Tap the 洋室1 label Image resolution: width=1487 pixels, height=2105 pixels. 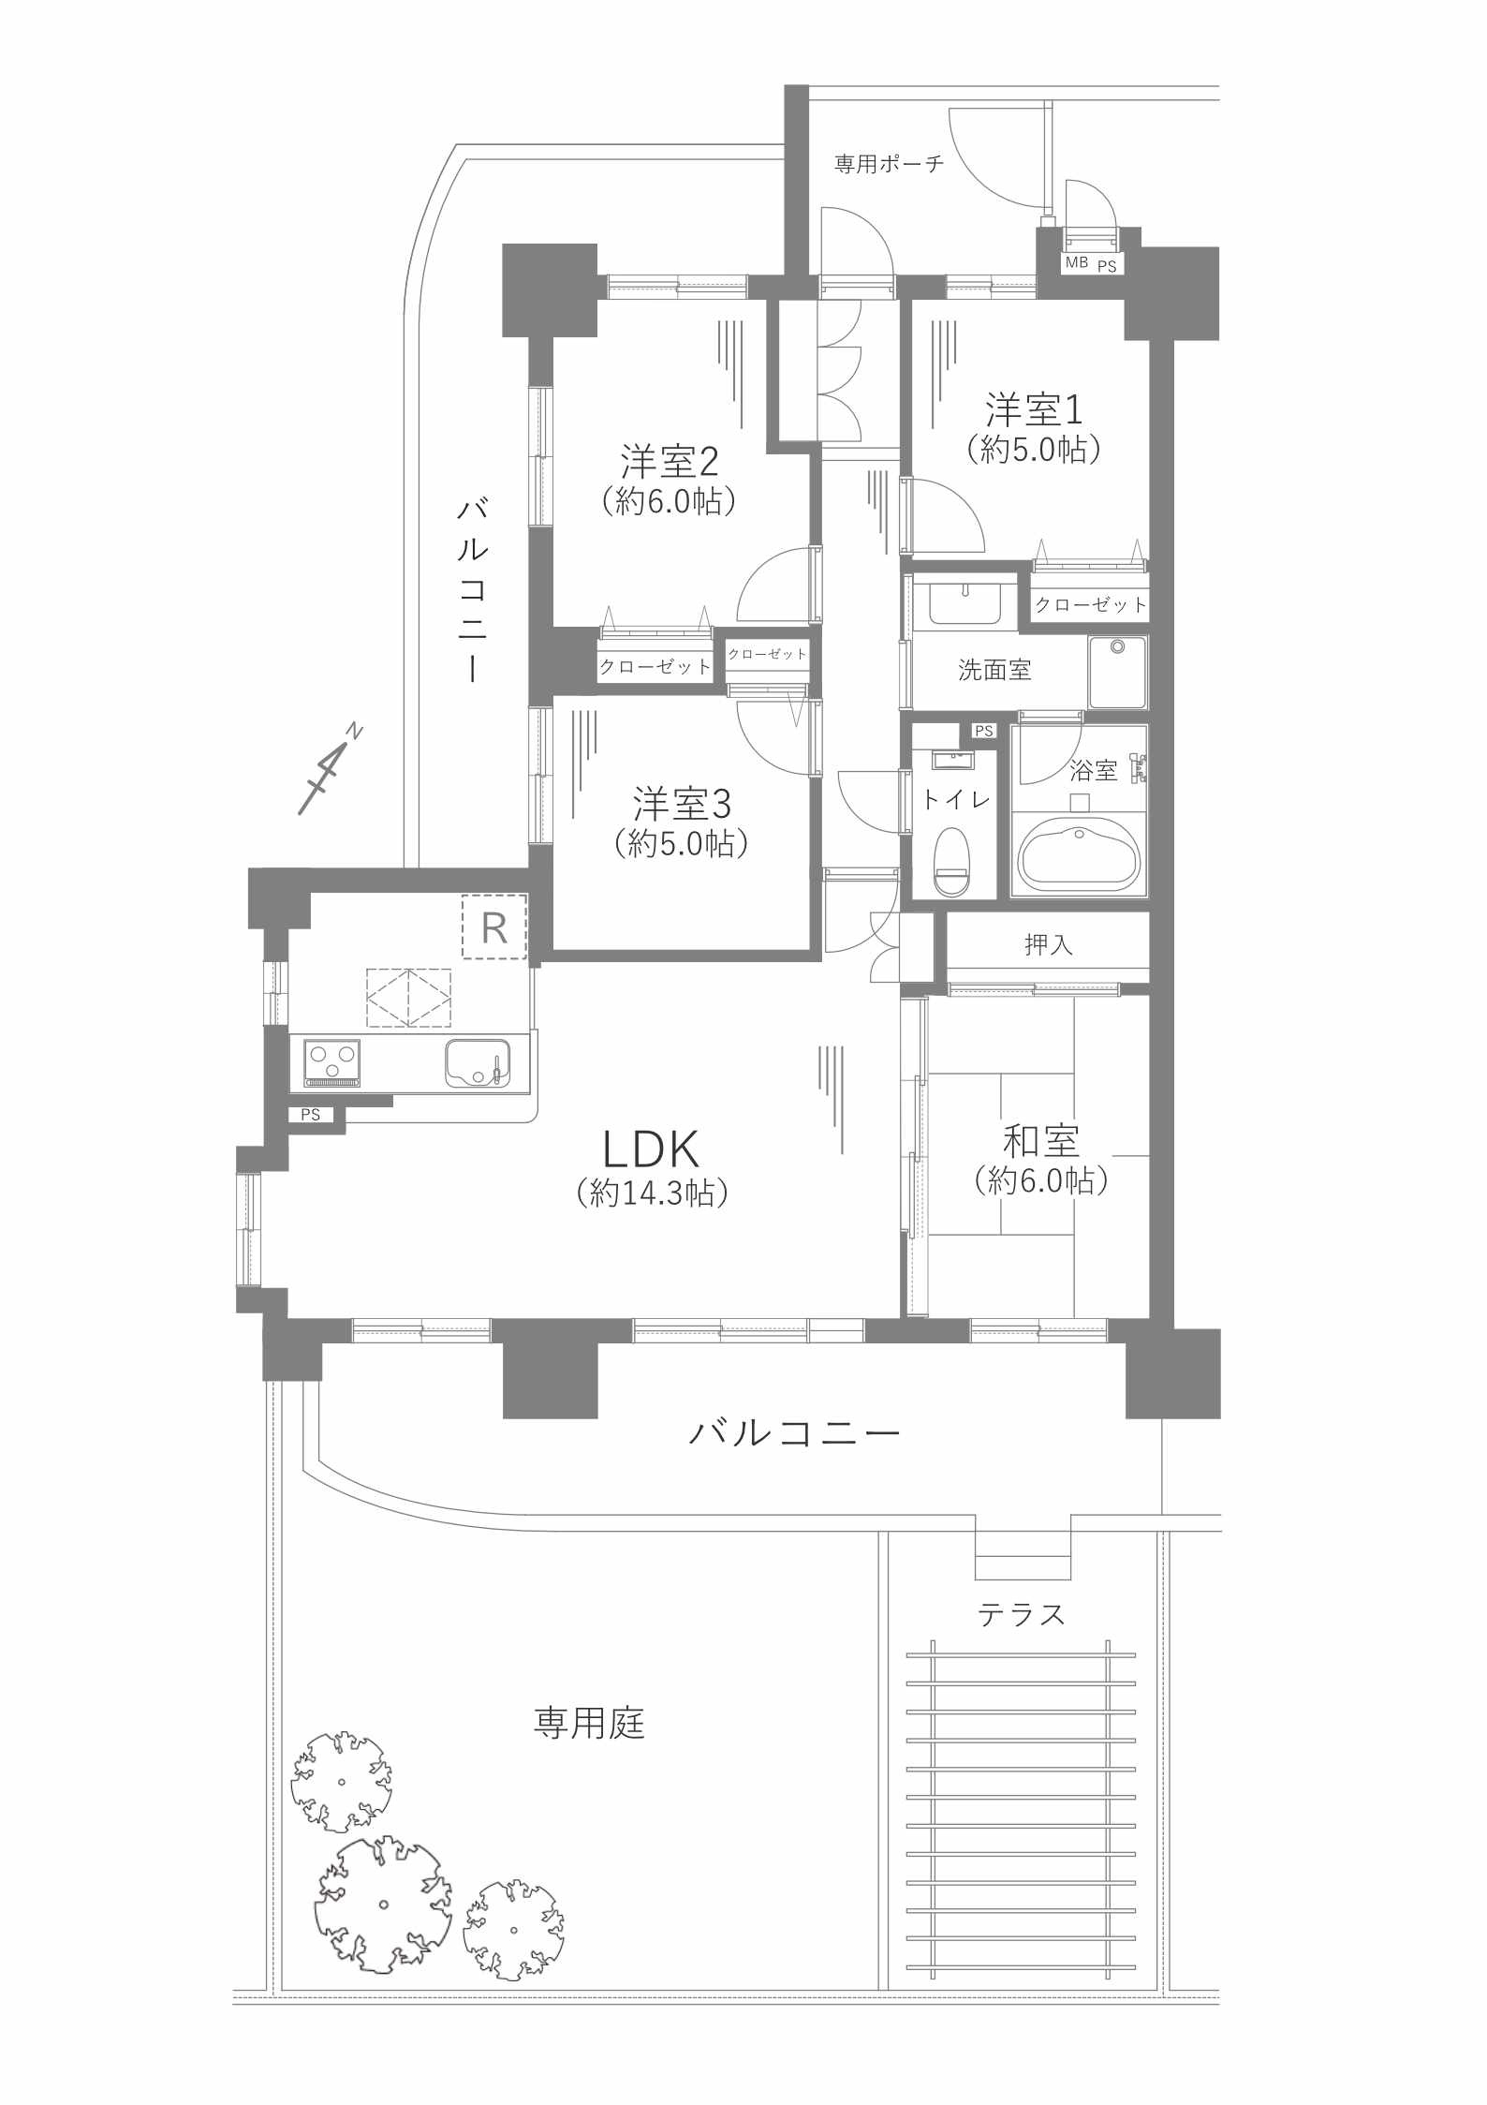1033,409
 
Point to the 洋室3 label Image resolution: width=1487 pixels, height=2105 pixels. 681,804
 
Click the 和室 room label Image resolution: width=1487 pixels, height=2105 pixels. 1040,1141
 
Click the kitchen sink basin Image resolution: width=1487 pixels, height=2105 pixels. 477,1062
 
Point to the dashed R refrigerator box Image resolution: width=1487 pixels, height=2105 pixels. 494,927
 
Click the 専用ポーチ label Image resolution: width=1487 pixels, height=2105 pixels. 889,165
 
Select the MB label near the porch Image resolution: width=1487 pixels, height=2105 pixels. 1076,263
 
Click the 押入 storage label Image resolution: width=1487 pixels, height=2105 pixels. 1048,944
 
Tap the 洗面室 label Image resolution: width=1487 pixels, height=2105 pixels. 994,670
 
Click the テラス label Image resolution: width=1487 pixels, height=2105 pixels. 1021,1614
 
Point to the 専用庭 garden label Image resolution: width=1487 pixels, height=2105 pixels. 589,1723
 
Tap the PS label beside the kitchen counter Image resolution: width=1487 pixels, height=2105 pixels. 311,1115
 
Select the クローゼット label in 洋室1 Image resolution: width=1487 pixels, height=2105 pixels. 1090,605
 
